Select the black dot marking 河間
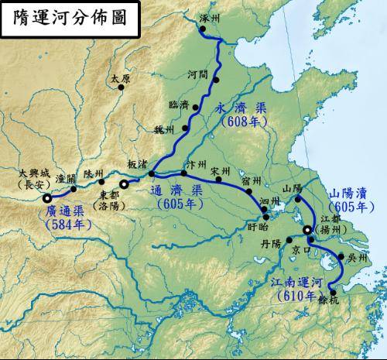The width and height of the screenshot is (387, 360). [x=217, y=79]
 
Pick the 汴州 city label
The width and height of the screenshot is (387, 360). [x=188, y=165]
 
